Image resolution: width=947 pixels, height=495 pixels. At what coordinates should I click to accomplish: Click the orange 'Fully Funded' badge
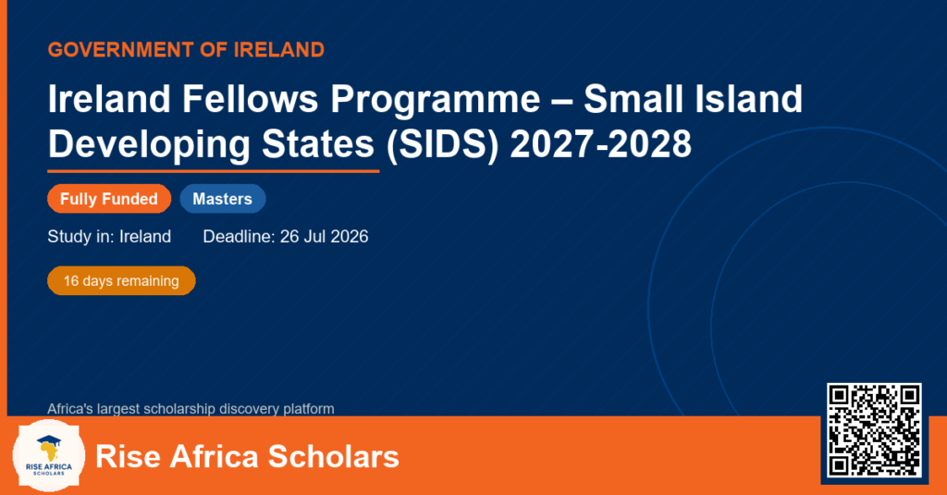(109, 199)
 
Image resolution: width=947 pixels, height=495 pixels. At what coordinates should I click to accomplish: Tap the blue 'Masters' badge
(223, 199)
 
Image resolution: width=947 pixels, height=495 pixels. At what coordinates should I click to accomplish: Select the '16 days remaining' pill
(121, 281)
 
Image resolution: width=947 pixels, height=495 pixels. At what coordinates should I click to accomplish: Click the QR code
(875, 430)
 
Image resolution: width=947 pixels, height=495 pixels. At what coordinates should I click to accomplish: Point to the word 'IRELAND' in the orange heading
(279, 50)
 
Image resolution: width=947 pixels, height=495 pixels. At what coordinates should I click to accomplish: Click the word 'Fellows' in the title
(250, 98)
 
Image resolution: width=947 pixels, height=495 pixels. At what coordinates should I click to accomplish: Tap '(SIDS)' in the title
(443, 145)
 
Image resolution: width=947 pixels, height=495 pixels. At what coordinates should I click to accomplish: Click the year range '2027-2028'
(601, 144)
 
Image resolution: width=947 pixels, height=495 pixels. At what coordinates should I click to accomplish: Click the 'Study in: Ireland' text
(109, 236)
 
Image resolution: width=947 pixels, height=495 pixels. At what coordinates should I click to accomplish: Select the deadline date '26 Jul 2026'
(325, 236)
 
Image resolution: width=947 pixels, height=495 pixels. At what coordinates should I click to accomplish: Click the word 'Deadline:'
(240, 236)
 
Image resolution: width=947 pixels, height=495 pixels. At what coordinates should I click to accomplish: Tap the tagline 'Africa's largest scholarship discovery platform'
(191, 409)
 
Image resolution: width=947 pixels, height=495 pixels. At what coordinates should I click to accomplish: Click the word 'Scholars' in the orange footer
(333, 456)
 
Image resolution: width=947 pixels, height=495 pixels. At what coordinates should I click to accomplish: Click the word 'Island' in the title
(748, 98)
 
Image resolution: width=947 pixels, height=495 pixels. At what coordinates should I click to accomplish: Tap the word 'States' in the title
(318, 144)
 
